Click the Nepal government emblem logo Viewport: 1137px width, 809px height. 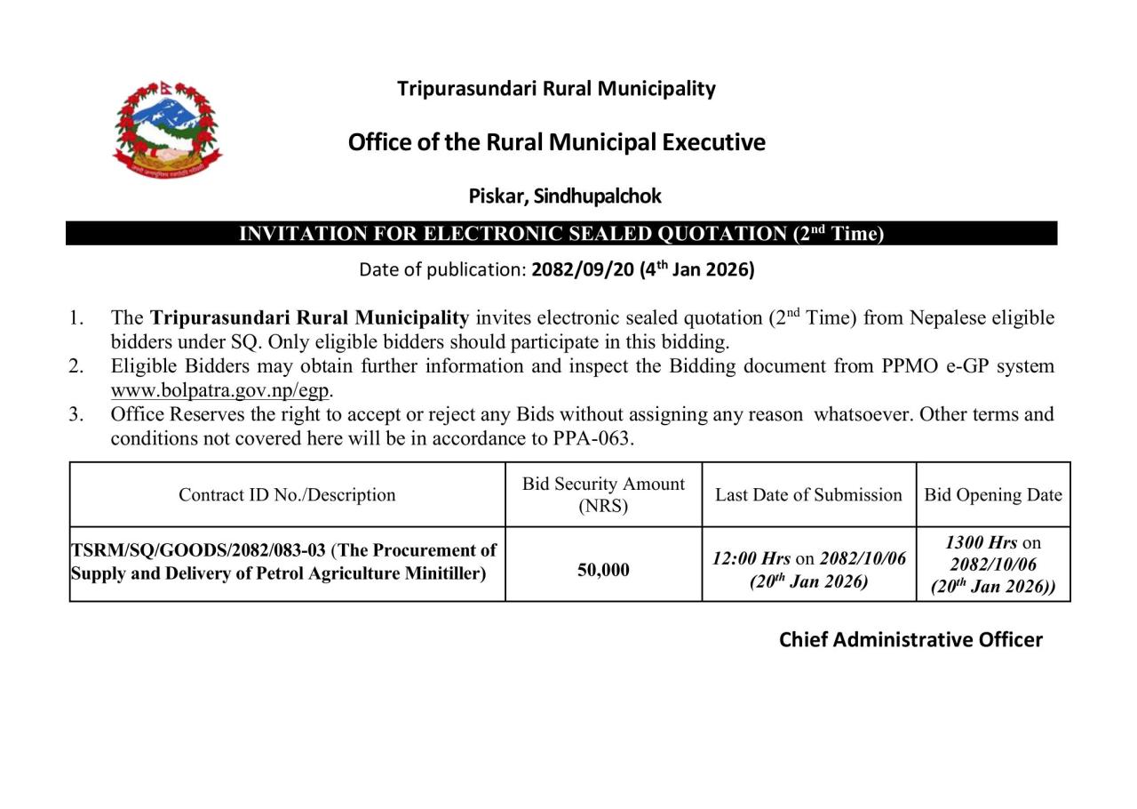[167, 129]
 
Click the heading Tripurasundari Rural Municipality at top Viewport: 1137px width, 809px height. [556, 88]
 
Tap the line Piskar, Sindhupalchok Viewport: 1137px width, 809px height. [565, 196]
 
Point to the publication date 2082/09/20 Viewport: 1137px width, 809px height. [582, 269]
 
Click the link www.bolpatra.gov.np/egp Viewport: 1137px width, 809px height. [220, 390]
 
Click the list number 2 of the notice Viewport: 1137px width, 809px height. [76, 366]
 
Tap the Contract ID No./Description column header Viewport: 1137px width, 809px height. [287, 495]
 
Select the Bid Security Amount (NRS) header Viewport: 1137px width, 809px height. [603, 495]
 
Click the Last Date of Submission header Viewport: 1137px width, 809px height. [808, 495]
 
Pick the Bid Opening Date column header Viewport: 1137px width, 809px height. [993, 495]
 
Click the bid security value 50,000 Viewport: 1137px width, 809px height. [603, 570]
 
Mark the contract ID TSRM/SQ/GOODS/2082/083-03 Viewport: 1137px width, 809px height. [198, 550]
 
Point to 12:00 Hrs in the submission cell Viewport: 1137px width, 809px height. [751, 558]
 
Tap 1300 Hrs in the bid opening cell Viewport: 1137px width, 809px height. [981, 542]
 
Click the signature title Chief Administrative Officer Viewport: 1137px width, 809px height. [910, 639]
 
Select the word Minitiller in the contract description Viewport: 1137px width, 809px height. [441, 573]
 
